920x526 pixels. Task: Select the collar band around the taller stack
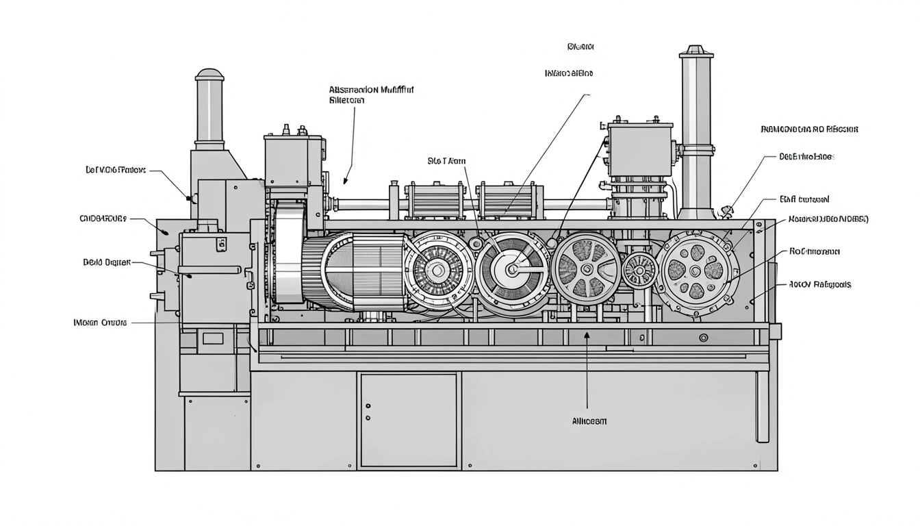(x=697, y=147)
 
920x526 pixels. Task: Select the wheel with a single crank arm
(x=512, y=269)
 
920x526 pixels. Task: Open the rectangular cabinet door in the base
(x=409, y=419)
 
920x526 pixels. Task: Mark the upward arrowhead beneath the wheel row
(x=587, y=335)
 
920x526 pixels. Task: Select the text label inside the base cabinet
(x=588, y=421)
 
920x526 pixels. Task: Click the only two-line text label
(x=371, y=95)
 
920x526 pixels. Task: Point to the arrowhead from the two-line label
(x=347, y=181)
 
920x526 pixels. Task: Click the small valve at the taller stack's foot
(x=728, y=210)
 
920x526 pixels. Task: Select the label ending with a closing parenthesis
(x=828, y=219)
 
